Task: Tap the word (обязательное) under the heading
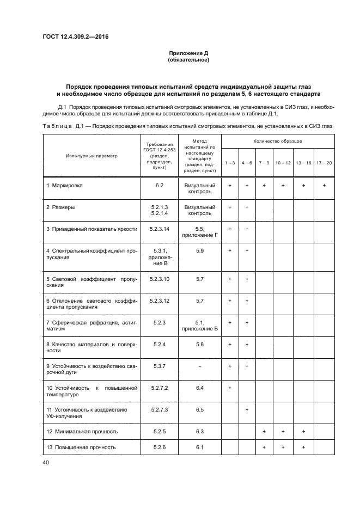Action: [189, 60]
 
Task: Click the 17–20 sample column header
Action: [324, 163]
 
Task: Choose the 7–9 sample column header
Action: [264, 163]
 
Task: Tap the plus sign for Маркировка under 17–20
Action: [324, 186]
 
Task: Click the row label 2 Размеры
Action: [60, 207]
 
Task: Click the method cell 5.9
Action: [199, 251]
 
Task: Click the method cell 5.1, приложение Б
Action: [199, 326]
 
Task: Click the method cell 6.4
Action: [199, 388]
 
